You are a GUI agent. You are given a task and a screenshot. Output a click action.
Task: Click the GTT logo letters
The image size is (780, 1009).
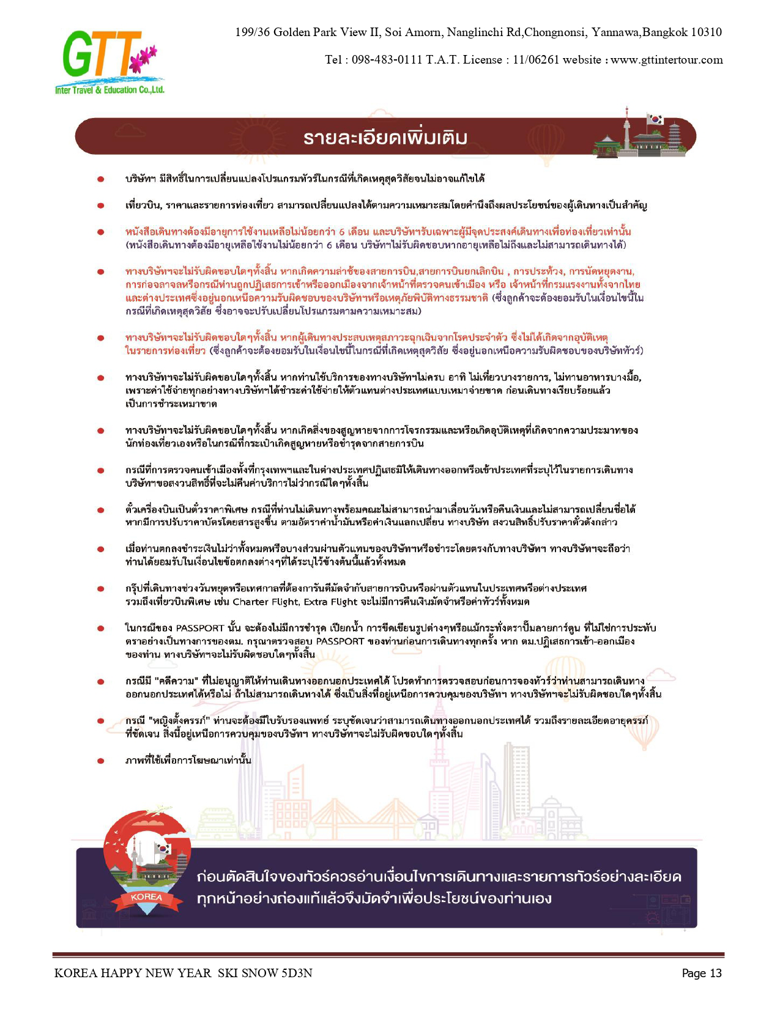[x=98, y=58]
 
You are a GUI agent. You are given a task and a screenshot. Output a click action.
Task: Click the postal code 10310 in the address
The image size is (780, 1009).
[x=706, y=32]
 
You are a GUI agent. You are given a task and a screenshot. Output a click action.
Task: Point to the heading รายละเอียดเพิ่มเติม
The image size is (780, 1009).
[x=385, y=138]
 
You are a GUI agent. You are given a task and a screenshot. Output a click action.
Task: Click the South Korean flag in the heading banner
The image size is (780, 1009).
[x=656, y=119]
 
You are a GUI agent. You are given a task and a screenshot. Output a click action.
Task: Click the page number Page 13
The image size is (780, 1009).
[x=702, y=973]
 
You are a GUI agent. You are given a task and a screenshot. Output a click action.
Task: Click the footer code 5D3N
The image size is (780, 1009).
[x=297, y=973]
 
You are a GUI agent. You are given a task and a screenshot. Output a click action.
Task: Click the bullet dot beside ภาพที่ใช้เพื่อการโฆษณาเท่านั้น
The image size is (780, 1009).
[x=100, y=761]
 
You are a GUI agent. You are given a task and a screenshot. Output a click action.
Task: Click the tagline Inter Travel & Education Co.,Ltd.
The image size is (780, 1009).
[x=110, y=90]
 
